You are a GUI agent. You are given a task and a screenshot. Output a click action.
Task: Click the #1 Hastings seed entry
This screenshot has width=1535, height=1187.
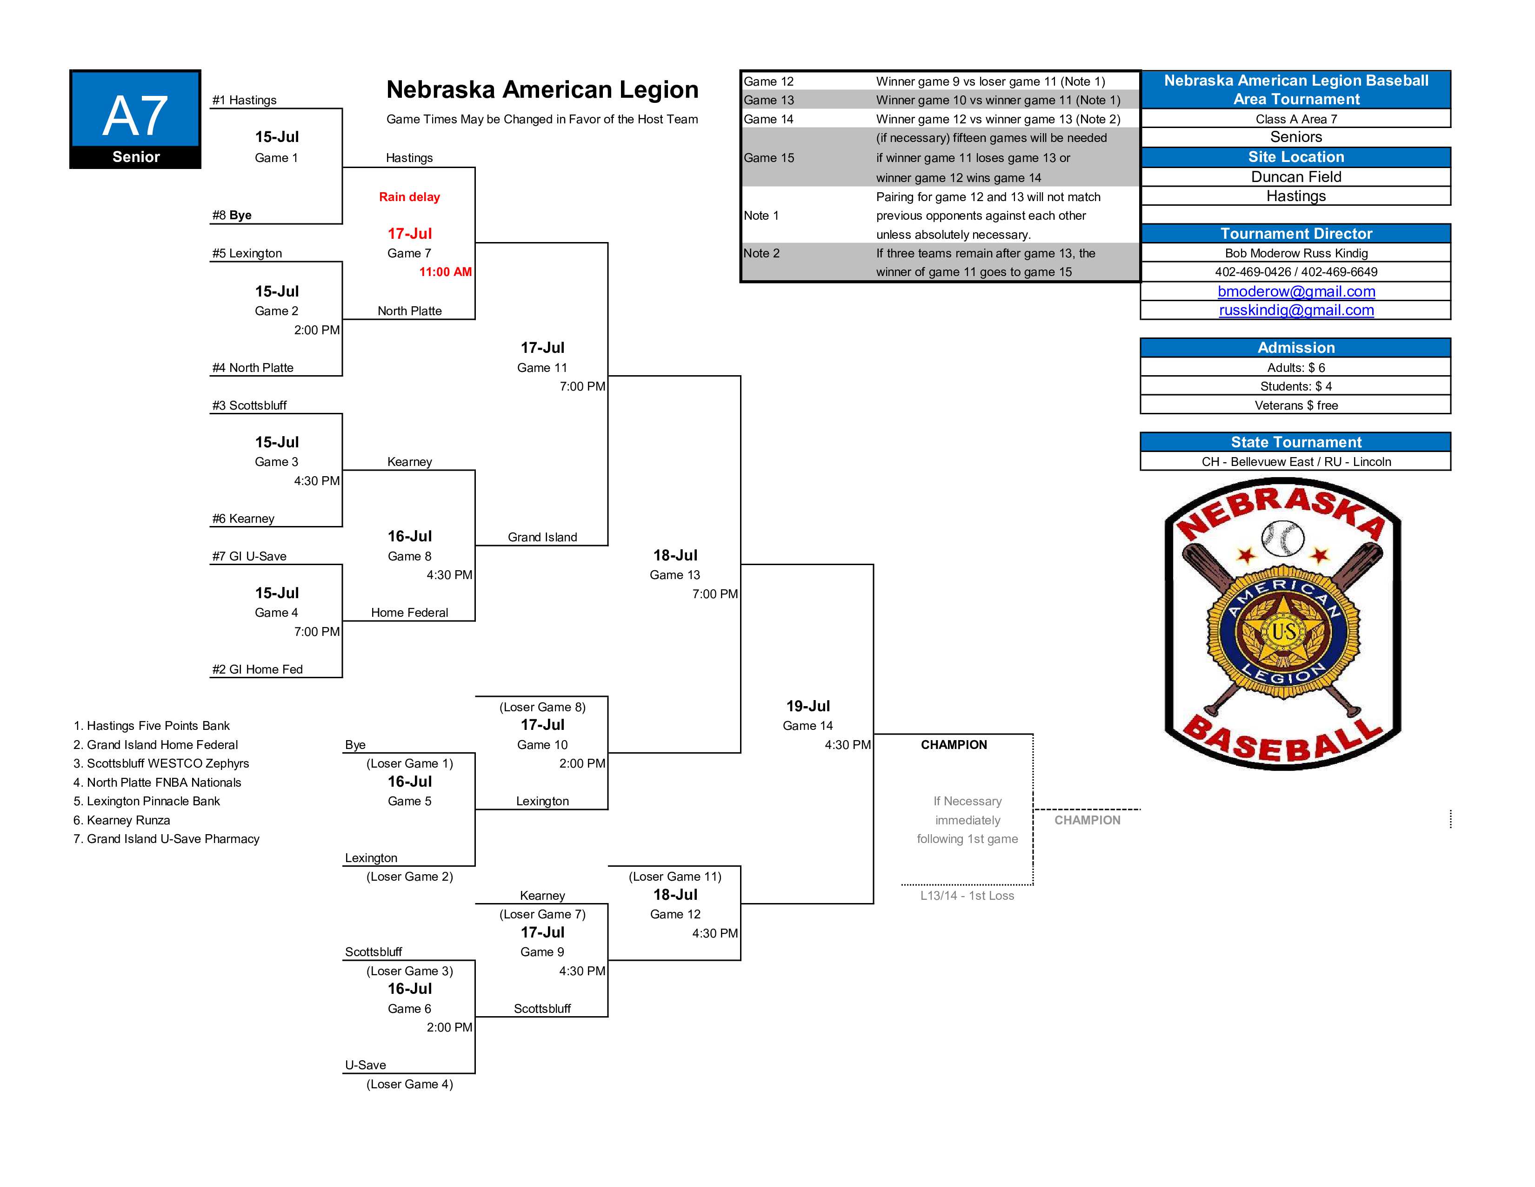[x=245, y=100]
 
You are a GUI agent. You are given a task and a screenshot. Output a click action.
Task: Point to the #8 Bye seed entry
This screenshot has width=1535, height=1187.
[x=232, y=215]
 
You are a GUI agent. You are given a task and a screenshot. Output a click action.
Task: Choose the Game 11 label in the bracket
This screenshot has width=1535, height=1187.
[x=542, y=367]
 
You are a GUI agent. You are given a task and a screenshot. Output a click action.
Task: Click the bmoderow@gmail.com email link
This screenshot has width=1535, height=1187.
[x=1295, y=291]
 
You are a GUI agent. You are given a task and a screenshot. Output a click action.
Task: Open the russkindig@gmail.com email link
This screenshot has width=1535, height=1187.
[x=1295, y=310]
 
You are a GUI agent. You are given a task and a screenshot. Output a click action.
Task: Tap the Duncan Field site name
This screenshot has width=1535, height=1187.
[x=1295, y=176]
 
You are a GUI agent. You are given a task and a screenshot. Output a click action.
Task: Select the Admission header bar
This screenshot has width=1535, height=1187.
[x=1295, y=347]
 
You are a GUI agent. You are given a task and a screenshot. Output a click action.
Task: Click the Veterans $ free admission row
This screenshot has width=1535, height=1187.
[x=1295, y=405]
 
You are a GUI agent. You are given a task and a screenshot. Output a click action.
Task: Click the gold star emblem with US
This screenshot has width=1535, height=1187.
[x=1283, y=632]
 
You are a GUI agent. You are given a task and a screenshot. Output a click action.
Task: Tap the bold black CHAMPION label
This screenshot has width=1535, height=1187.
[x=954, y=745]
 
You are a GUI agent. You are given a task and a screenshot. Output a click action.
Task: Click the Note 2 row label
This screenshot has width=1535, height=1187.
[x=761, y=253]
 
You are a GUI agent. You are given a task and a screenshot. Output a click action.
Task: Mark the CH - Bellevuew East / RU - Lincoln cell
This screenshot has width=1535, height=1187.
[x=1295, y=461]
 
